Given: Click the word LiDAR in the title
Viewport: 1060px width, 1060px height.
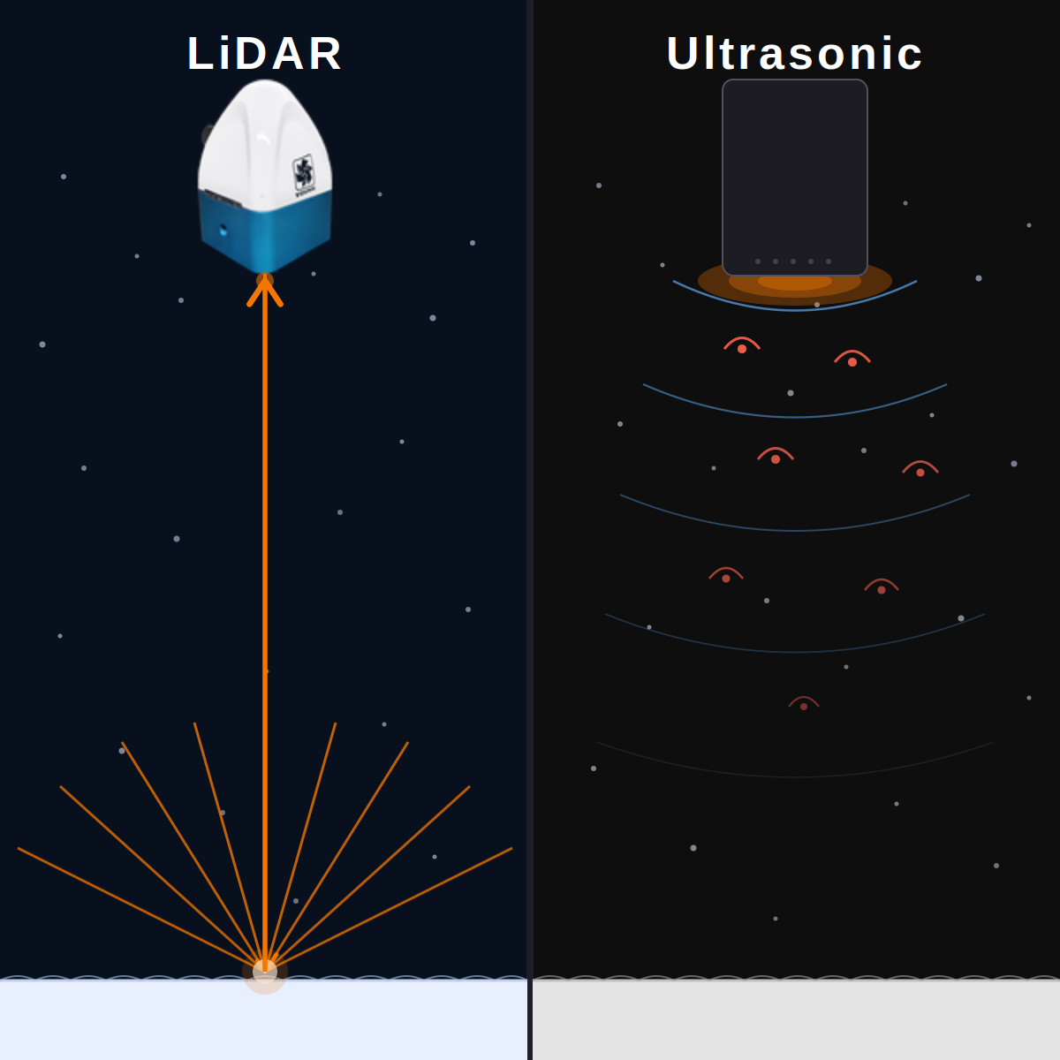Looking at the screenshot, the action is [x=265, y=53].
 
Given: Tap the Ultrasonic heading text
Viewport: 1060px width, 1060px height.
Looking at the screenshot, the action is [x=794, y=53].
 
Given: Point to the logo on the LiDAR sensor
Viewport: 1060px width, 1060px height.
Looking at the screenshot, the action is [x=304, y=175].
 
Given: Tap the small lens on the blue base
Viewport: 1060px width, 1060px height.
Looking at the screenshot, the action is [x=223, y=230].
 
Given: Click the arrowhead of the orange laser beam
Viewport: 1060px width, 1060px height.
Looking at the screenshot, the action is [x=265, y=291].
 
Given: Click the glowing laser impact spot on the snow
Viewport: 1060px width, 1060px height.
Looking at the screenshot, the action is [x=265, y=972].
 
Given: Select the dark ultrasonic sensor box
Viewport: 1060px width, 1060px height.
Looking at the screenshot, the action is [x=795, y=178].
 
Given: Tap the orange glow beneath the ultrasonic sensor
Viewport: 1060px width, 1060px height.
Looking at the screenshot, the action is [x=795, y=284].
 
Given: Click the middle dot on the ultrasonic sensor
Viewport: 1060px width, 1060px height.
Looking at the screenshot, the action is [x=793, y=261].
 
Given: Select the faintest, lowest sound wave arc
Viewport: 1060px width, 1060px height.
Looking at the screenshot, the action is [x=795, y=776].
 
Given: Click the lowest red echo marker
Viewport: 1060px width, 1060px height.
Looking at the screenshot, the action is [x=804, y=703].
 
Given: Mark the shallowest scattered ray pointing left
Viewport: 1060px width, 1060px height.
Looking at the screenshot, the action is [x=140, y=910].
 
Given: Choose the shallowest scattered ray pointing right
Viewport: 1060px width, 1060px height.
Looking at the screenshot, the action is [x=389, y=910].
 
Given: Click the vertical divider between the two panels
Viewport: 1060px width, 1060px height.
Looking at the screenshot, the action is [x=530, y=530].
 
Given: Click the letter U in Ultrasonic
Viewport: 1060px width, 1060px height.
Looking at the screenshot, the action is [x=682, y=53].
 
